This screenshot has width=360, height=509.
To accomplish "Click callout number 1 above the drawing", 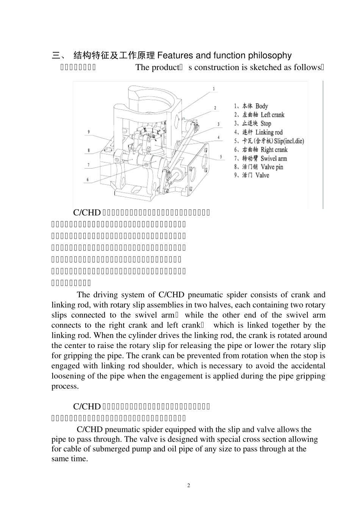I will click(214, 89).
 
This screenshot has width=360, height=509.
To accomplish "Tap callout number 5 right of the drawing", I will click(221, 156).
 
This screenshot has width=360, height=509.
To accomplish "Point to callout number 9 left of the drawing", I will click(88, 132).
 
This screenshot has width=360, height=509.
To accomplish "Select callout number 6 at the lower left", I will click(88, 180).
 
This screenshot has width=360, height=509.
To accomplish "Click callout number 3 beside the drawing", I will click(218, 124).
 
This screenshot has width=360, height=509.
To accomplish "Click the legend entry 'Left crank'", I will click(272, 115).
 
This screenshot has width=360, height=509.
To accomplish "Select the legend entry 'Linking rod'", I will click(269, 132).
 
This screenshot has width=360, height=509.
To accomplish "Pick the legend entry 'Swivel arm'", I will click(274, 158).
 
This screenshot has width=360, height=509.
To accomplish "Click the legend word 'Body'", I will click(261, 106).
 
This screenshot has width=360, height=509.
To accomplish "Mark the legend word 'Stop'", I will click(266, 123).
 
